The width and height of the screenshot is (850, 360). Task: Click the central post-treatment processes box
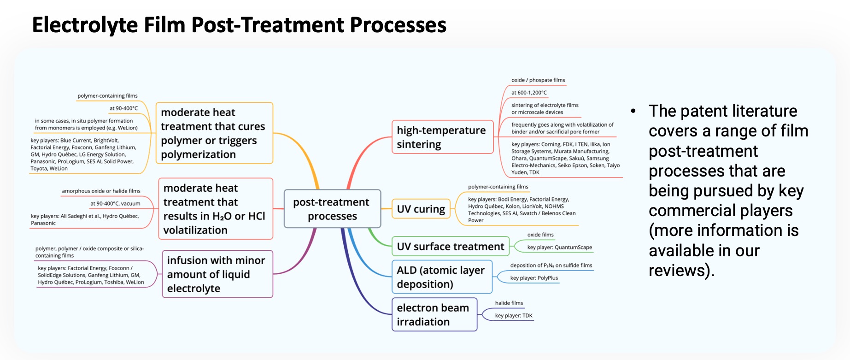pyautogui.click(x=332, y=209)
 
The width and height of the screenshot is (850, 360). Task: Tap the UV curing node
pyautogui.click(x=421, y=209)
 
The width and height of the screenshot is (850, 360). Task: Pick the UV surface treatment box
pyautogui.click(x=450, y=246)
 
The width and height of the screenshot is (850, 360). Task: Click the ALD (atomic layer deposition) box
pyautogui.click(x=441, y=277)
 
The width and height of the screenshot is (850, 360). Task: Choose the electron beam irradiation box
pyautogui.click(x=434, y=314)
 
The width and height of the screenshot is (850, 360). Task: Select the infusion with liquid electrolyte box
pyautogui.click(x=217, y=274)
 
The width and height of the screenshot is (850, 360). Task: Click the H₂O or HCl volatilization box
pyautogui.click(x=215, y=209)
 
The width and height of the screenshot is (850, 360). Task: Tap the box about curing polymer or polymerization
pyautogui.click(x=214, y=133)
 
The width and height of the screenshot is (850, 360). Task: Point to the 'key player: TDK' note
pyautogui.click(x=513, y=316)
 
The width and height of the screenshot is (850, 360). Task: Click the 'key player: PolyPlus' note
pyautogui.click(x=533, y=278)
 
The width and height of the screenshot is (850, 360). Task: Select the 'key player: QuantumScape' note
pyautogui.click(x=559, y=248)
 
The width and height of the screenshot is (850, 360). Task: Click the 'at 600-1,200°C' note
pyautogui.click(x=528, y=93)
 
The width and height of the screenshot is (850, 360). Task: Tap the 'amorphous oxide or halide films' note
pyautogui.click(x=101, y=191)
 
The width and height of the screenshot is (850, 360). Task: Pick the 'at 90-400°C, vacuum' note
pyautogui.click(x=115, y=203)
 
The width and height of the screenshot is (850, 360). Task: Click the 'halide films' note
pyautogui.click(x=509, y=303)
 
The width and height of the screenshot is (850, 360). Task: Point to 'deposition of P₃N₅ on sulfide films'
pyautogui.click(x=551, y=266)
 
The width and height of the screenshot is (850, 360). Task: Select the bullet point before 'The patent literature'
pyautogui.click(x=633, y=111)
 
